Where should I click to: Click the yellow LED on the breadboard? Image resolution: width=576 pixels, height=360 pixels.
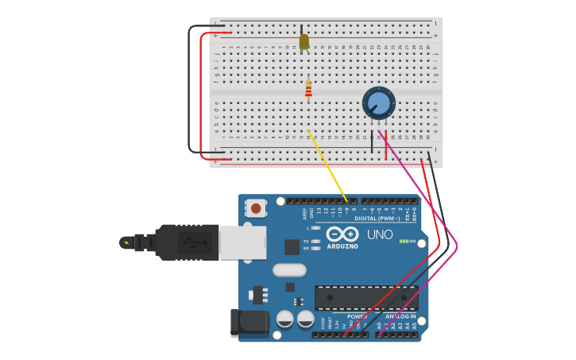[303, 41]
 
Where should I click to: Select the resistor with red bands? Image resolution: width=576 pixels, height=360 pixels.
[308, 88]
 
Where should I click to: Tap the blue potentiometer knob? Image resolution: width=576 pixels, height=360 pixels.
[379, 103]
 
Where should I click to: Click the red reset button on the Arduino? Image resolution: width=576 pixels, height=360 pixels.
[256, 208]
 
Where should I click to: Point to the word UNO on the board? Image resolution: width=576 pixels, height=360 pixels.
[380, 234]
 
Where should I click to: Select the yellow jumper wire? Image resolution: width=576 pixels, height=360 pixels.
[327, 165]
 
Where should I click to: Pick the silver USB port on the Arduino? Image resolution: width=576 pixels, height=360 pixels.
[242, 242]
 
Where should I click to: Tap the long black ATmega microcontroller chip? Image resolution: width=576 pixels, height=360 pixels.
[366, 297]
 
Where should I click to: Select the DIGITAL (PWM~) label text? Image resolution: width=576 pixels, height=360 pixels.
[377, 218]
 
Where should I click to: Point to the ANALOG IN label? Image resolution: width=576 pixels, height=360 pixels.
[400, 316]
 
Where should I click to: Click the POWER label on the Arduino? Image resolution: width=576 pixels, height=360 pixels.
[357, 316]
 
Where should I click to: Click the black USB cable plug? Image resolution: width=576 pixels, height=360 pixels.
[187, 242]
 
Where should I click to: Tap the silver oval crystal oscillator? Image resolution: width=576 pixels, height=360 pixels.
[289, 269]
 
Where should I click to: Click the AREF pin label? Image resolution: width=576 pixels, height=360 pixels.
[304, 214]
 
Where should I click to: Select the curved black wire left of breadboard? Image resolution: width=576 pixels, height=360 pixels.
[190, 87]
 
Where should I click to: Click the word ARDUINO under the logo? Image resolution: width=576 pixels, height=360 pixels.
[342, 246]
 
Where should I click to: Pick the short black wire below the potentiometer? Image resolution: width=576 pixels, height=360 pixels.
[372, 141]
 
